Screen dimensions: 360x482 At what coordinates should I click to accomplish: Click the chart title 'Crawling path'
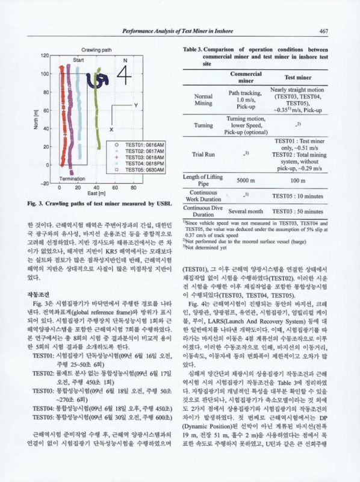(x=95, y=49)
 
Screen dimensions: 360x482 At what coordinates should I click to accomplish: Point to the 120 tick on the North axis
(x=44, y=55)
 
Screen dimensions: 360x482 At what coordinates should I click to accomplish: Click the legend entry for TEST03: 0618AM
(x=140, y=157)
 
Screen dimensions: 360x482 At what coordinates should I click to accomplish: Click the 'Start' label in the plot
(x=79, y=61)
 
